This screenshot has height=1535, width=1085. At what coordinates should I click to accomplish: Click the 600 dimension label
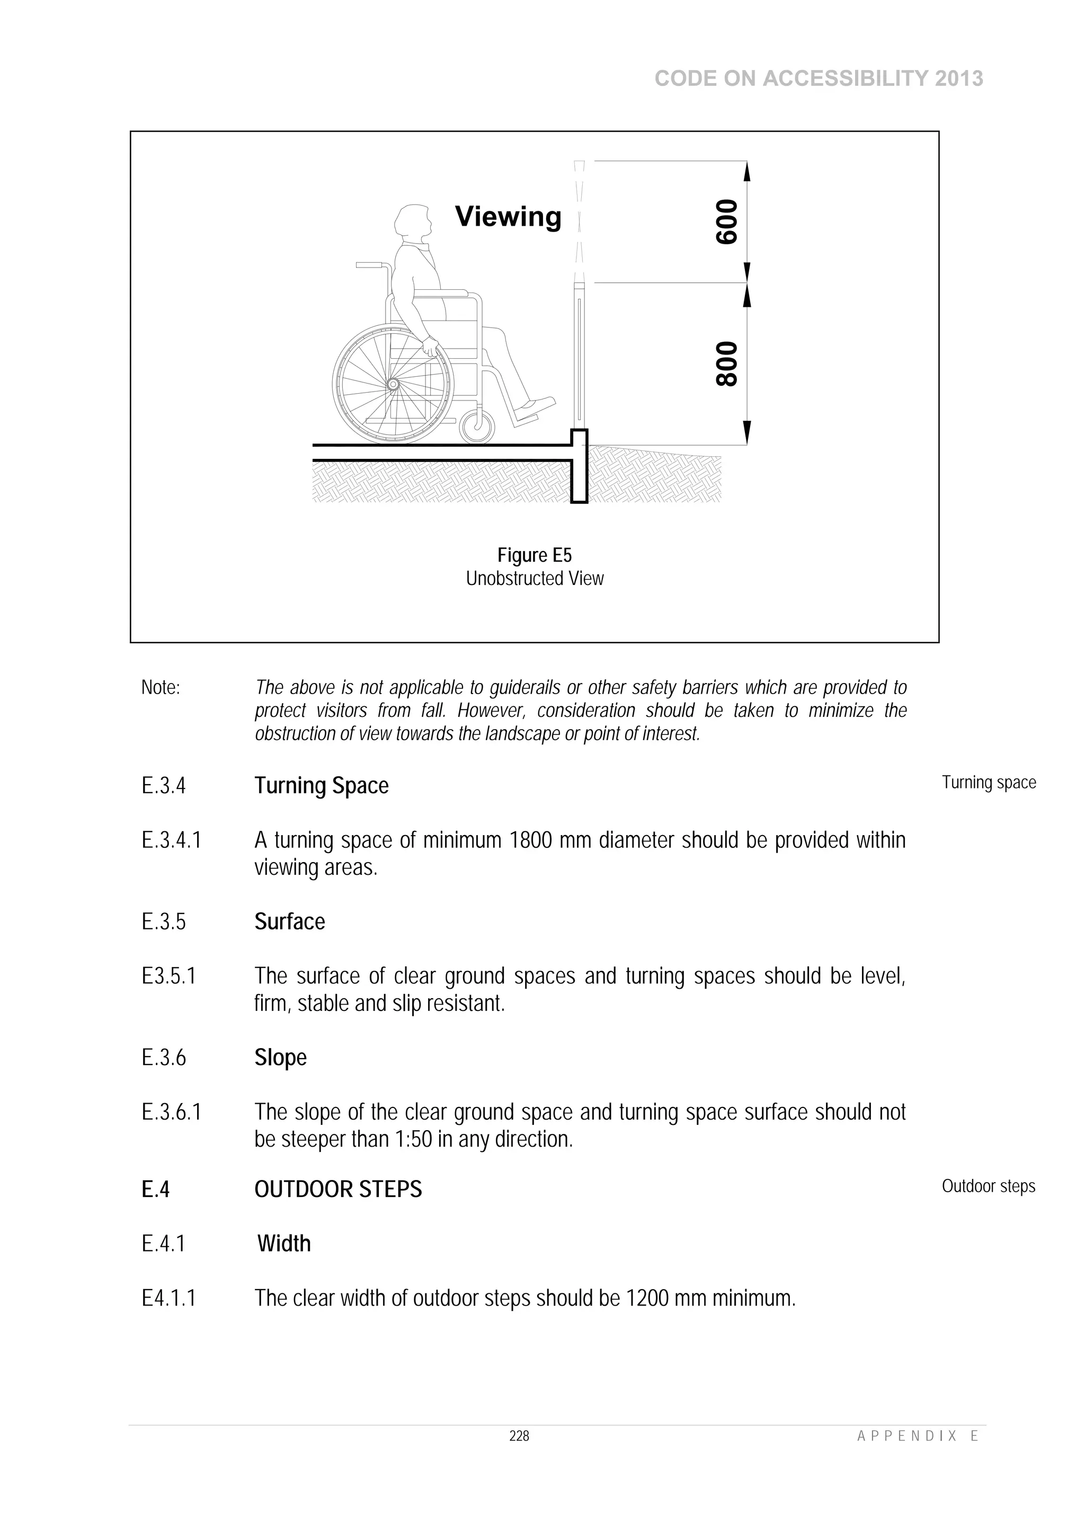727,222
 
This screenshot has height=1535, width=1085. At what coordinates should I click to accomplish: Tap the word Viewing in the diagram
508,217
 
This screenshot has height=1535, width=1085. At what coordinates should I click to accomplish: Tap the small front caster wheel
477,426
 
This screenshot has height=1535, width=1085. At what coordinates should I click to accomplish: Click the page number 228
519,1436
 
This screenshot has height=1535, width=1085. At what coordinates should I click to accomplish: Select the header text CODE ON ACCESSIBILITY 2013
819,79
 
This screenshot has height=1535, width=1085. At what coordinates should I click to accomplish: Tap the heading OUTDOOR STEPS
339,1190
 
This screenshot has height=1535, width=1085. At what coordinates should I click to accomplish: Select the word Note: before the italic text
161,687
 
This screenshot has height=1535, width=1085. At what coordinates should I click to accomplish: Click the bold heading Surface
289,922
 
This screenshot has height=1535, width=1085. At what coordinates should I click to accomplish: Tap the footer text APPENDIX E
917,1436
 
